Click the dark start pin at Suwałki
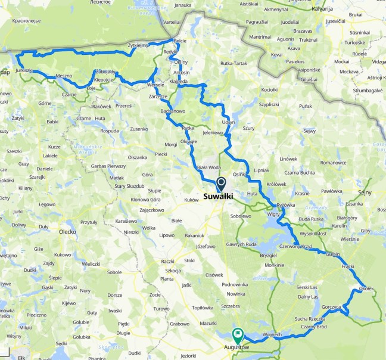tap(221, 184)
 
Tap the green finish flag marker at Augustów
tap(239, 335)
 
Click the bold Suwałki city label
tap(217, 196)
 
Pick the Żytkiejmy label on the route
tap(138, 45)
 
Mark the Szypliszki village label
tap(269, 103)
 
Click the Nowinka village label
tap(236, 293)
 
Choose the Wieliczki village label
tap(91, 263)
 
